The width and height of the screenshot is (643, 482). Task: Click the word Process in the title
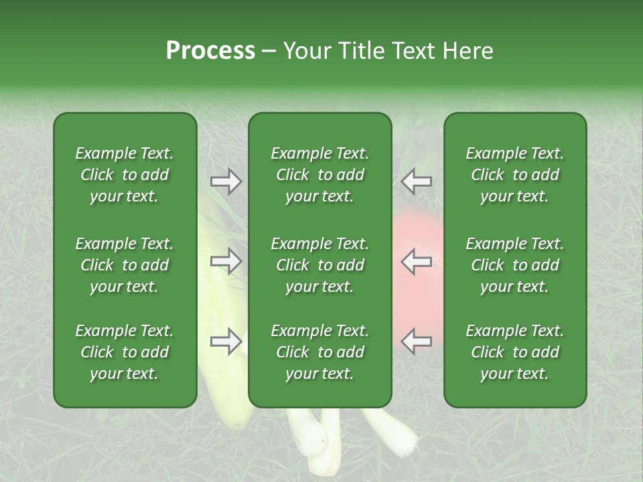[x=210, y=51]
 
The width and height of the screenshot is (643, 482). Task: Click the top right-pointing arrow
[x=226, y=181]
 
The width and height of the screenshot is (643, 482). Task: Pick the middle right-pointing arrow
[x=226, y=261]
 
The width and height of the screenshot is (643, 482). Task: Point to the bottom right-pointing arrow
[x=226, y=341]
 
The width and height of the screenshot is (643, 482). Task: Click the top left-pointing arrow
[x=417, y=181]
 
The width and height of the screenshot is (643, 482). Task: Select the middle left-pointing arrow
[x=417, y=261]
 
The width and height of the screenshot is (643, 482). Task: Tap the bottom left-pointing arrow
[x=417, y=341]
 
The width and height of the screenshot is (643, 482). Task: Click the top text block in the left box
[x=125, y=175]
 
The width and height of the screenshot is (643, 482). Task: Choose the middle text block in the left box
[x=125, y=265]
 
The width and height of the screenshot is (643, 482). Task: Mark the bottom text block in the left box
[x=125, y=352]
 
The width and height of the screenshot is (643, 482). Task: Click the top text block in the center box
[x=319, y=175]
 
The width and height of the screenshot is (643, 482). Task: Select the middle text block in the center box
[x=319, y=265]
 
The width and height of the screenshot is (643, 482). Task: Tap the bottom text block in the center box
[x=319, y=352]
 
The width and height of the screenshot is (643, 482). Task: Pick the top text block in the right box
[x=514, y=175]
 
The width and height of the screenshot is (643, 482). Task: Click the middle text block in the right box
[x=514, y=265]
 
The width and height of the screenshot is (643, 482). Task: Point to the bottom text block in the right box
[x=514, y=352]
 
